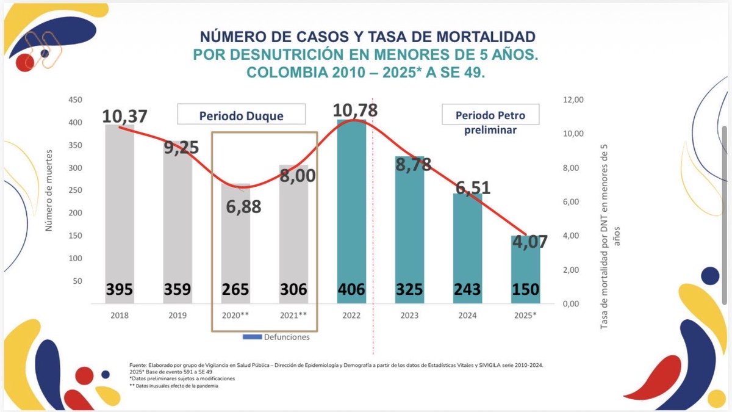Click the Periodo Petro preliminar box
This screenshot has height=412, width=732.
[490, 121]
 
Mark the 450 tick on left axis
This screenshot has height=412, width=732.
[74, 100]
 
